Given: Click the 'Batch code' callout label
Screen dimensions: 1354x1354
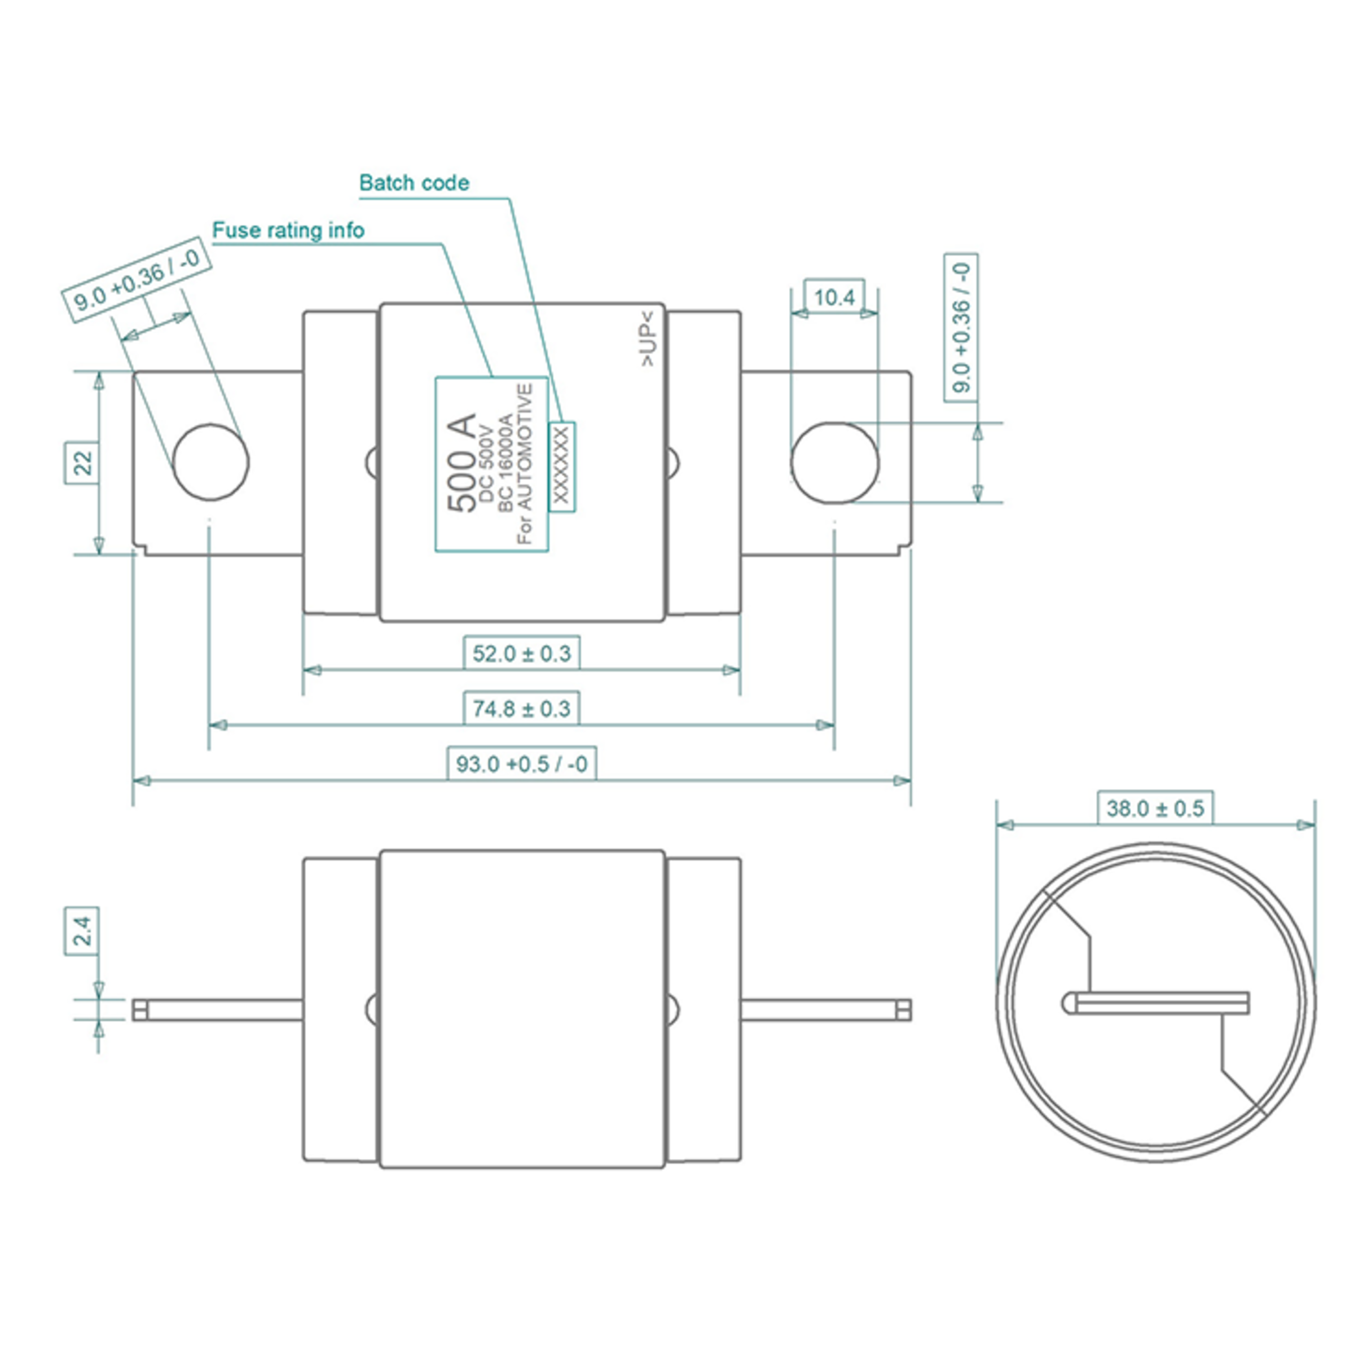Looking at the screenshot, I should click(x=414, y=183).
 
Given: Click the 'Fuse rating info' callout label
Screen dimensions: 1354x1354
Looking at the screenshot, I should click(x=288, y=231).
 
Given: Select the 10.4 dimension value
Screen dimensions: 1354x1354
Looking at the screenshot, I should click(x=833, y=297).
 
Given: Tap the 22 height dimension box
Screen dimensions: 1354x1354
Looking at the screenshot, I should click(x=82, y=463).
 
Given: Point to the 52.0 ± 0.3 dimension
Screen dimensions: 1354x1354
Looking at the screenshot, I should click(x=521, y=654).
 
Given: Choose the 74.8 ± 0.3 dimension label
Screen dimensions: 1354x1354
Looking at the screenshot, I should click(x=521, y=709).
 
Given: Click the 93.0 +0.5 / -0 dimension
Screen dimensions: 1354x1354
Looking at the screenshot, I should click(x=521, y=763).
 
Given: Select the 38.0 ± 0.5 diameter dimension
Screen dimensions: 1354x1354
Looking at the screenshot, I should click(x=1155, y=809).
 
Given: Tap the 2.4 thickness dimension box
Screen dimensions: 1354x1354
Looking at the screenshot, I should click(x=82, y=931).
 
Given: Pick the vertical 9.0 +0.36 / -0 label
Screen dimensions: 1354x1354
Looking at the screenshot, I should click(x=961, y=328).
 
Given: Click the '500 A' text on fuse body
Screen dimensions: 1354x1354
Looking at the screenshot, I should click(x=462, y=463).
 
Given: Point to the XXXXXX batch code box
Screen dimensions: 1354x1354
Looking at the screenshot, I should click(x=561, y=467).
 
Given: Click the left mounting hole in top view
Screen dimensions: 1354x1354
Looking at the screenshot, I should click(x=210, y=462).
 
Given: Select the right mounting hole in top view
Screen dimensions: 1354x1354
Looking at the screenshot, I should click(x=834, y=463).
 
